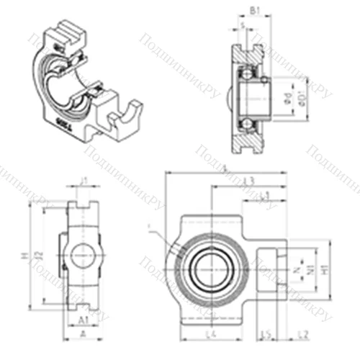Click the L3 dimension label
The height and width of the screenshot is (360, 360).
click(x=249, y=179)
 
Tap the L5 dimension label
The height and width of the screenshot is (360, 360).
click(x=266, y=336)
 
